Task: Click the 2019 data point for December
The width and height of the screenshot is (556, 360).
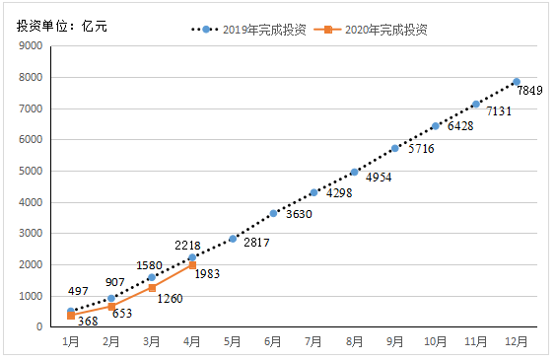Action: coord(516,82)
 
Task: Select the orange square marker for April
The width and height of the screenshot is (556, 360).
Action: coord(192,265)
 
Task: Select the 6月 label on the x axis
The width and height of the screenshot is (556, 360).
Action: coord(273,340)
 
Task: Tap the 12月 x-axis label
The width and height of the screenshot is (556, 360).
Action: coord(516,340)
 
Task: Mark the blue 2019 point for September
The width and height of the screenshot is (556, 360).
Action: coord(394,148)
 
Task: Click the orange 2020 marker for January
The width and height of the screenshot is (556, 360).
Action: coord(71,316)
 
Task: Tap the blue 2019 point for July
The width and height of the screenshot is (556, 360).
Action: coord(313,192)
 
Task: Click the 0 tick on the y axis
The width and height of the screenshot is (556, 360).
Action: coord(38,326)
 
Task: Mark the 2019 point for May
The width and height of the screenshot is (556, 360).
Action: coord(233,239)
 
